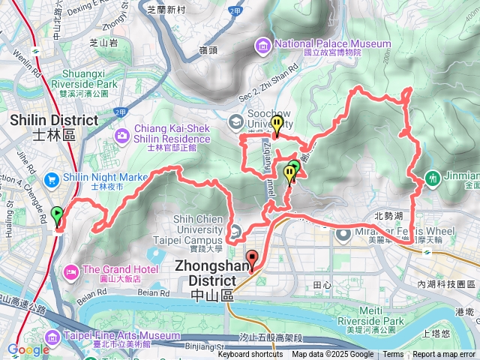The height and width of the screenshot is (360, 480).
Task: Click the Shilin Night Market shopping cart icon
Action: tap(52, 179)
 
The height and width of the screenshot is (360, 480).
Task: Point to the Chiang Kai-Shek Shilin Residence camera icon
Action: tap(121, 134)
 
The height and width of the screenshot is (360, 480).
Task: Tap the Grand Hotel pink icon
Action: tap(72, 270)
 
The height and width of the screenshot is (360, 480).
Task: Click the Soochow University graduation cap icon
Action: tap(236, 121)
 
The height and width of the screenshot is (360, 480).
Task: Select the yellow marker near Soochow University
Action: tap(277, 126)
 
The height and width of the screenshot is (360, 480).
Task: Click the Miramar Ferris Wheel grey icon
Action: tap(344, 235)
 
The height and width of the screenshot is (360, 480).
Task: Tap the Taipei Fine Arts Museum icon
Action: tap(56, 337)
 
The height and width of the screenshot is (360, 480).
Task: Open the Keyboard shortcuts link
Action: tap(250, 355)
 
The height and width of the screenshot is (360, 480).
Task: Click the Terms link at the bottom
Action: tap(393, 355)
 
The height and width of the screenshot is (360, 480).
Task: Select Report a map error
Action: tap(444, 355)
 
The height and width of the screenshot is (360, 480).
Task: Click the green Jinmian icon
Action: tap(433, 178)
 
